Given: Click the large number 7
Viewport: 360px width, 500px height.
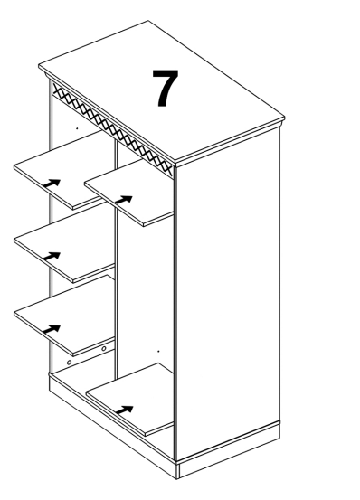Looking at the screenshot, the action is point(165,88).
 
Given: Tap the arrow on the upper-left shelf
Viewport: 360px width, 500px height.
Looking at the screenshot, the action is point(52,184).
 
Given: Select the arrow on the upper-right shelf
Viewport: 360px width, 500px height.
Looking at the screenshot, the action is point(124,200).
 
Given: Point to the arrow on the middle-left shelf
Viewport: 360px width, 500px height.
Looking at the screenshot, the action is point(52,256).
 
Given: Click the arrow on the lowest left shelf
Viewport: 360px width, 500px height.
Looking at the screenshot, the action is point(52,329).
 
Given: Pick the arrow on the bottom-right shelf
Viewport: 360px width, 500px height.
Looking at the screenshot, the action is point(124,410).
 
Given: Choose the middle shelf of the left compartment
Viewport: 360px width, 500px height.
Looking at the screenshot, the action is point(64,247).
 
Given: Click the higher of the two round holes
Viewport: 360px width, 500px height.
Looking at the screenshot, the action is point(104,349).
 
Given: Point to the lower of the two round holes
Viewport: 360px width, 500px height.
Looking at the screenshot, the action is point(69,363).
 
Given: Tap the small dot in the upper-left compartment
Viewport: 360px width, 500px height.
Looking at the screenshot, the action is point(77,128).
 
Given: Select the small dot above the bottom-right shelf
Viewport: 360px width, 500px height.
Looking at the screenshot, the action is point(158,351).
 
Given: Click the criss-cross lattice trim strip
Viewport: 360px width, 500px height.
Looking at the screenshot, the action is point(112,129).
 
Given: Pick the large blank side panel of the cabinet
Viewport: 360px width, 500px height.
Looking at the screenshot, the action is point(228,293).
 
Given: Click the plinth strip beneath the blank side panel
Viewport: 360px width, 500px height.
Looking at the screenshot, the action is point(229,449).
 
